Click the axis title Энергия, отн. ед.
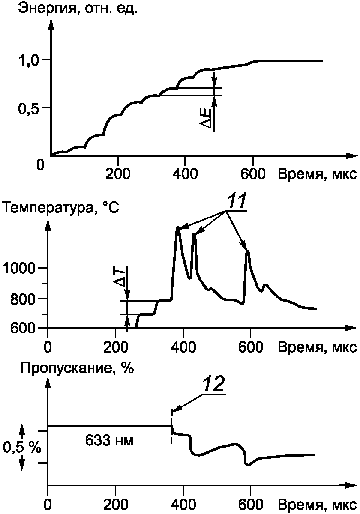pos(78,9)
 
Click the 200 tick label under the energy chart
pos(118,174)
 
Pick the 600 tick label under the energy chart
pos(253,174)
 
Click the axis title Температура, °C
pos(60,208)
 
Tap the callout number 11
pos(237,202)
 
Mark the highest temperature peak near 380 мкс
pos(177,227)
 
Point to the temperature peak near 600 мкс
pos(247,251)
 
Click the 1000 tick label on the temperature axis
pos(19,268)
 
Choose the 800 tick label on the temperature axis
pos(23,299)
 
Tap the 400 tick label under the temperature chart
pos(183,348)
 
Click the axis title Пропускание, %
pos(77,368)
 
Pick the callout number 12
pos(214,384)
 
